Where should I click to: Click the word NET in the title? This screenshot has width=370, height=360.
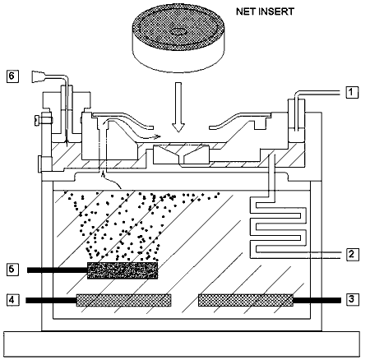[245, 12]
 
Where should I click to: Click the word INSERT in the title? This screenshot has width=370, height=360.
[276, 12]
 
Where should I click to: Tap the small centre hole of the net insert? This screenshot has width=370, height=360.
[178, 31]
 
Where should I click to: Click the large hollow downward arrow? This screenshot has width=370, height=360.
[178, 107]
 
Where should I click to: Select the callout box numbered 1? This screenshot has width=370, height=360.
[352, 92]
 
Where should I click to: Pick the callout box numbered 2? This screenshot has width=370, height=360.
[352, 254]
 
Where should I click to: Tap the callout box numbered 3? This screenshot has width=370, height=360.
[352, 299]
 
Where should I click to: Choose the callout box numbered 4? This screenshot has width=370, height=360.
[12, 300]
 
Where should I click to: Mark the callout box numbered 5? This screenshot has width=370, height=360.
[12, 269]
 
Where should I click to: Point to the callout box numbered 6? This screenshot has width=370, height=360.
[12, 76]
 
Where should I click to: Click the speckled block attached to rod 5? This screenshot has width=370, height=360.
[123, 270]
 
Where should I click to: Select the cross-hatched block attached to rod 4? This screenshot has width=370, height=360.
[124, 300]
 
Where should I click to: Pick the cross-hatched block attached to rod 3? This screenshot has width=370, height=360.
[246, 300]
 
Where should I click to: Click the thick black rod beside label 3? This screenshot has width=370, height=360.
[317, 301]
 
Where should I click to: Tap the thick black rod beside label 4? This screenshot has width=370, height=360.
[51, 301]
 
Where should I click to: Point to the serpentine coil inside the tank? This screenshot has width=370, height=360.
[278, 229]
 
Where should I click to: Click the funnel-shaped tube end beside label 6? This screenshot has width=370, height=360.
[37, 76]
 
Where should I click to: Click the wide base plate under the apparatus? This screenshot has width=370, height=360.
[182, 344]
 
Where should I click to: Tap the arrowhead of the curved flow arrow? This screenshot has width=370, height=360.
[157, 136]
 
